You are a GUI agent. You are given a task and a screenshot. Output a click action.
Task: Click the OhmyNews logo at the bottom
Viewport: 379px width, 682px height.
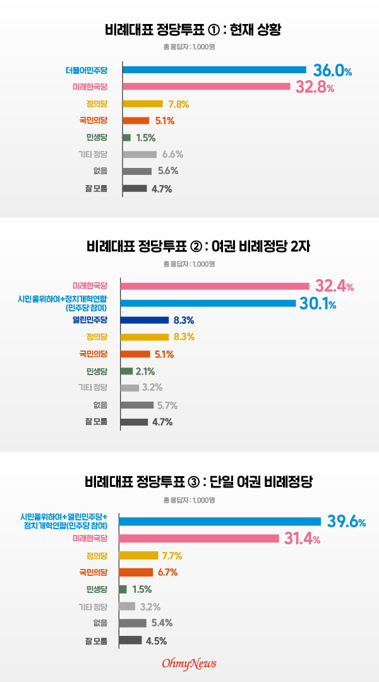[x=189, y=664]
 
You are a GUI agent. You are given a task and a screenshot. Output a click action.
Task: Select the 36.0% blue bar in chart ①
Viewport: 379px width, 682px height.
[x=215, y=69]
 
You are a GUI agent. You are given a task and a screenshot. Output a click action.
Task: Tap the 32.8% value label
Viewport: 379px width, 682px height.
[x=315, y=87]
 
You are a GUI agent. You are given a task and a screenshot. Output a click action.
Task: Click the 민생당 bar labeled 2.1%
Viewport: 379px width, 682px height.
[x=126, y=371]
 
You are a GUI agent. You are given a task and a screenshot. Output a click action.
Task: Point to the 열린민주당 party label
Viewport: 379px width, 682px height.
[x=90, y=320]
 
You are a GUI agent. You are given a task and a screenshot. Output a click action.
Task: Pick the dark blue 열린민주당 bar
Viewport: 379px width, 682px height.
[x=145, y=320]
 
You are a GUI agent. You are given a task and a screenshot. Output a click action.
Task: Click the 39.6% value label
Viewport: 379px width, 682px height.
[x=346, y=522]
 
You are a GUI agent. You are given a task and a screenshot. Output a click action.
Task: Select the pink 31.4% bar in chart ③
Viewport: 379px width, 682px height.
[x=199, y=539]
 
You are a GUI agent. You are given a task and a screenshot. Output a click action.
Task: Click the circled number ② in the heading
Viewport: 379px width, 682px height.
[x=195, y=247]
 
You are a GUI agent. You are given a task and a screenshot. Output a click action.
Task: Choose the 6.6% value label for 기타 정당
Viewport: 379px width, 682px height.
[x=172, y=155]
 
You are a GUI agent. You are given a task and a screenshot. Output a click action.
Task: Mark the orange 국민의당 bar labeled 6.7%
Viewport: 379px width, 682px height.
[x=136, y=572]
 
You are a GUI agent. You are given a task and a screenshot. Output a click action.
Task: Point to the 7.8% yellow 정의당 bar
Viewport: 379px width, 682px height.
[x=143, y=104]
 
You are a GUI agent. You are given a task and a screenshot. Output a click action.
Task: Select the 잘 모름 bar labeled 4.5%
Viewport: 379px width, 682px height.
[x=130, y=640]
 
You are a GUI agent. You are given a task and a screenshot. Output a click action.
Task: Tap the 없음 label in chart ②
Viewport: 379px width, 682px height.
[x=100, y=405]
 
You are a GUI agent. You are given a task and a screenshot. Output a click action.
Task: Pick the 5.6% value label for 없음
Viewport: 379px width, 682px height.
[x=167, y=171]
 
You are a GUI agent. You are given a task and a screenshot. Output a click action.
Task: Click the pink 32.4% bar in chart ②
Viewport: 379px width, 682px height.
[x=215, y=286]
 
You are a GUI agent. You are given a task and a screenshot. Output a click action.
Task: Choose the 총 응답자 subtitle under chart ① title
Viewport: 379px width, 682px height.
[x=189, y=47]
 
